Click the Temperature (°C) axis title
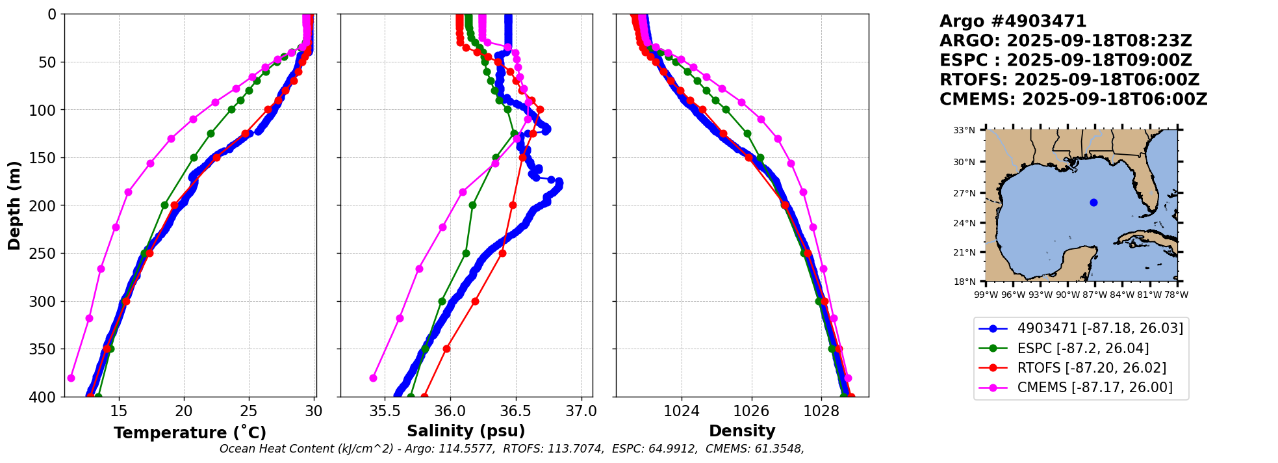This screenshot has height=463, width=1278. pyautogui.click(x=190, y=433)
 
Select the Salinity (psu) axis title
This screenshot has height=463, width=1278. pyautogui.click(x=466, y=431)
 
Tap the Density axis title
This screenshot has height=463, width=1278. pyautogui.click(x=742, y=431)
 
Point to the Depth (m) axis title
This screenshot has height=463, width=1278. pyautogui.click(x=14, y=205)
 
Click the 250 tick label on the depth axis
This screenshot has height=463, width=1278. pyautogui.click(x=45, y=254)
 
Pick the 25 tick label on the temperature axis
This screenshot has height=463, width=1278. pyautogui.click(x=249, y=411)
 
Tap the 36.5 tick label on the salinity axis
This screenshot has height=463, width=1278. pyautogui.click(x=516, y=411)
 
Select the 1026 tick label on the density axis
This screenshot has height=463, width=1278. pyautogui.click(x=751, y=411)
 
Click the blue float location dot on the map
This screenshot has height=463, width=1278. pyautogui.click(x=1093, y=202)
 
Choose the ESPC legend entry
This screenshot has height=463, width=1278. pyautogui.click(x=1064, y=349)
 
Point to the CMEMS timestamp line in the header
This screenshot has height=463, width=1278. pyautogui.click(x=1073, y=99)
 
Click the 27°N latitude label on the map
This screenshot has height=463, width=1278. pyautogui.click(x=964, y=193)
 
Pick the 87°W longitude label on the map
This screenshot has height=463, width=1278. pyautogui.click(x=1094, y=295)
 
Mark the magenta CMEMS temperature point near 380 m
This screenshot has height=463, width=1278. pyautogui.click(x=71, y=378)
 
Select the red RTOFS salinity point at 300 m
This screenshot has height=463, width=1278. pyautogui.click(x=475, y=301)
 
